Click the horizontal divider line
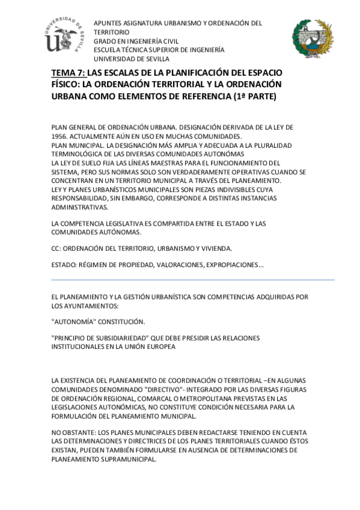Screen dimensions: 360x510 [x=192, y=280]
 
